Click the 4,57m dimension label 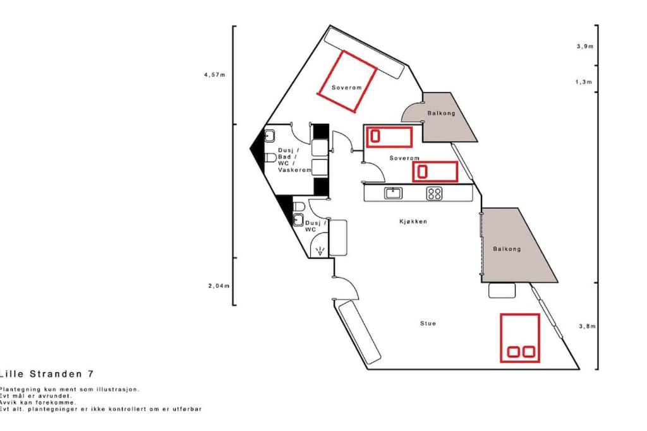click(215, 75)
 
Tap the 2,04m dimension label click(219, 286)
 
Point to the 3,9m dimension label click(585, 46)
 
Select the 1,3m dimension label click(584, 82)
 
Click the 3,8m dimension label click(588, 326)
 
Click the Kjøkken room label click(413, 221)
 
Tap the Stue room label click(428, 324)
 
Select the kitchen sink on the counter click(393, 193)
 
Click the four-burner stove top click(434, 193)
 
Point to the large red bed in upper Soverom click(347, 81)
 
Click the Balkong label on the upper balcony click(441, 113)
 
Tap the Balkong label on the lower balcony click(507, 249)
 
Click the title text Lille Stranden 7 click(47, 374)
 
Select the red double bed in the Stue click(520, 338)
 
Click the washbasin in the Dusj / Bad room click(269, 135)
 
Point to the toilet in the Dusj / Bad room click(270, 157)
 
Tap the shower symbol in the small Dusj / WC click(320, 251)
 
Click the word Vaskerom click(294, 170)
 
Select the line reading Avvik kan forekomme click(38, 403)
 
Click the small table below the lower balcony click(502, 290)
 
